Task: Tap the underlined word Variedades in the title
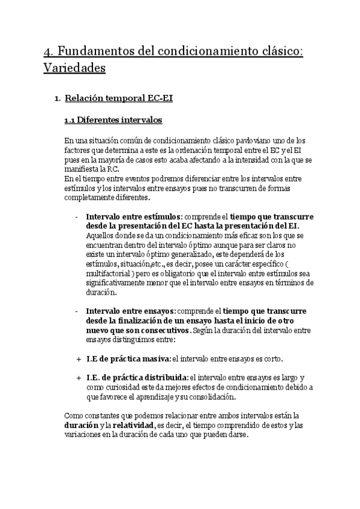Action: [x=74, y=68]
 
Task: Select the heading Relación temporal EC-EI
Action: [x=119, y=98]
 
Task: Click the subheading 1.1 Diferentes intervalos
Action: [x=113, y=120]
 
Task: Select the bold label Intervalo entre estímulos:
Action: [x=134, y=217]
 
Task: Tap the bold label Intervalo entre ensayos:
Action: [x=131, y=312]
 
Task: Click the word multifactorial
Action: [x=106, y=274]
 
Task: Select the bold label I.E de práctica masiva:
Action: [x=128, y=359]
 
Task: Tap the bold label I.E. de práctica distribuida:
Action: [x=137, y=378]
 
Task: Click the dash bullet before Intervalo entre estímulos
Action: [x=77, y=217]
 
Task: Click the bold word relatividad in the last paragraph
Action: [x=131, y=426]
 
